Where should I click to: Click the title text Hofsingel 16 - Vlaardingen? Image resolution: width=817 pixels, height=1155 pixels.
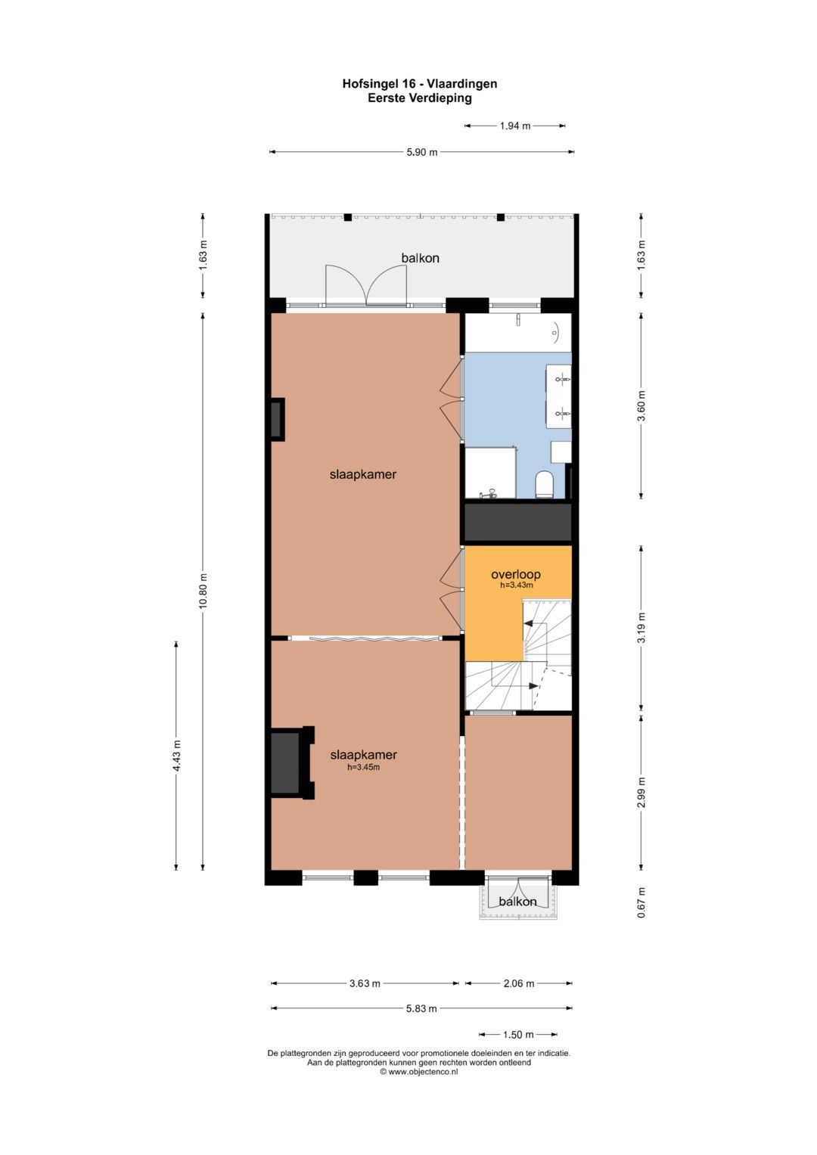(419, 83)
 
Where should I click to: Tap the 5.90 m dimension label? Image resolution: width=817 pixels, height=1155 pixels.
(422, 152)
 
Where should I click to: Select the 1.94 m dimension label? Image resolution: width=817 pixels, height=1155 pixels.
(514, 126)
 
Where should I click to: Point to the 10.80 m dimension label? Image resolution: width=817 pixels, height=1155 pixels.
(203, 591)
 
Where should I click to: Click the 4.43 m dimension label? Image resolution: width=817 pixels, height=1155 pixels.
(177, 756)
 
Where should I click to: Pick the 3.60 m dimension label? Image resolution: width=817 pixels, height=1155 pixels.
(641, 405)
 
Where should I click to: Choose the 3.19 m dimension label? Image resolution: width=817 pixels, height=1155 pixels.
(641, 628)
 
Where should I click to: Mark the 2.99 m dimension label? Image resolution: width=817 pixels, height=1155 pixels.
(641, 793)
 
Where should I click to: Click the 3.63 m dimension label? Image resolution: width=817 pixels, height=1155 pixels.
(365, 983)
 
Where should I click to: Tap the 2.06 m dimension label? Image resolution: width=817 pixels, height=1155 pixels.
(519, 983)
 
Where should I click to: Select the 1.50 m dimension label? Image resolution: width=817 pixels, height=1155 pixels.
(518, 1034)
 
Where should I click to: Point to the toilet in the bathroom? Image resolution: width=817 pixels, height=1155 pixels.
(544, 484)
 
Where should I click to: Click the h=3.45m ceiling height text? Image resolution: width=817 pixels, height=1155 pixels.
(364, 767)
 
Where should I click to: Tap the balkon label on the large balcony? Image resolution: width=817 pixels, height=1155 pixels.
(421, 258)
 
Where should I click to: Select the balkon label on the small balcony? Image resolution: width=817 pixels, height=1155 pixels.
(517, 902)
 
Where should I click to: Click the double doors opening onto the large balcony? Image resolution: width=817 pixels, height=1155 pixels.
(366, 286)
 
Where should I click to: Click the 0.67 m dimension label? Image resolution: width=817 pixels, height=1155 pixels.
(641, 902)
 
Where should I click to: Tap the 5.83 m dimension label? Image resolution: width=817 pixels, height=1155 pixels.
(421, 1008)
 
